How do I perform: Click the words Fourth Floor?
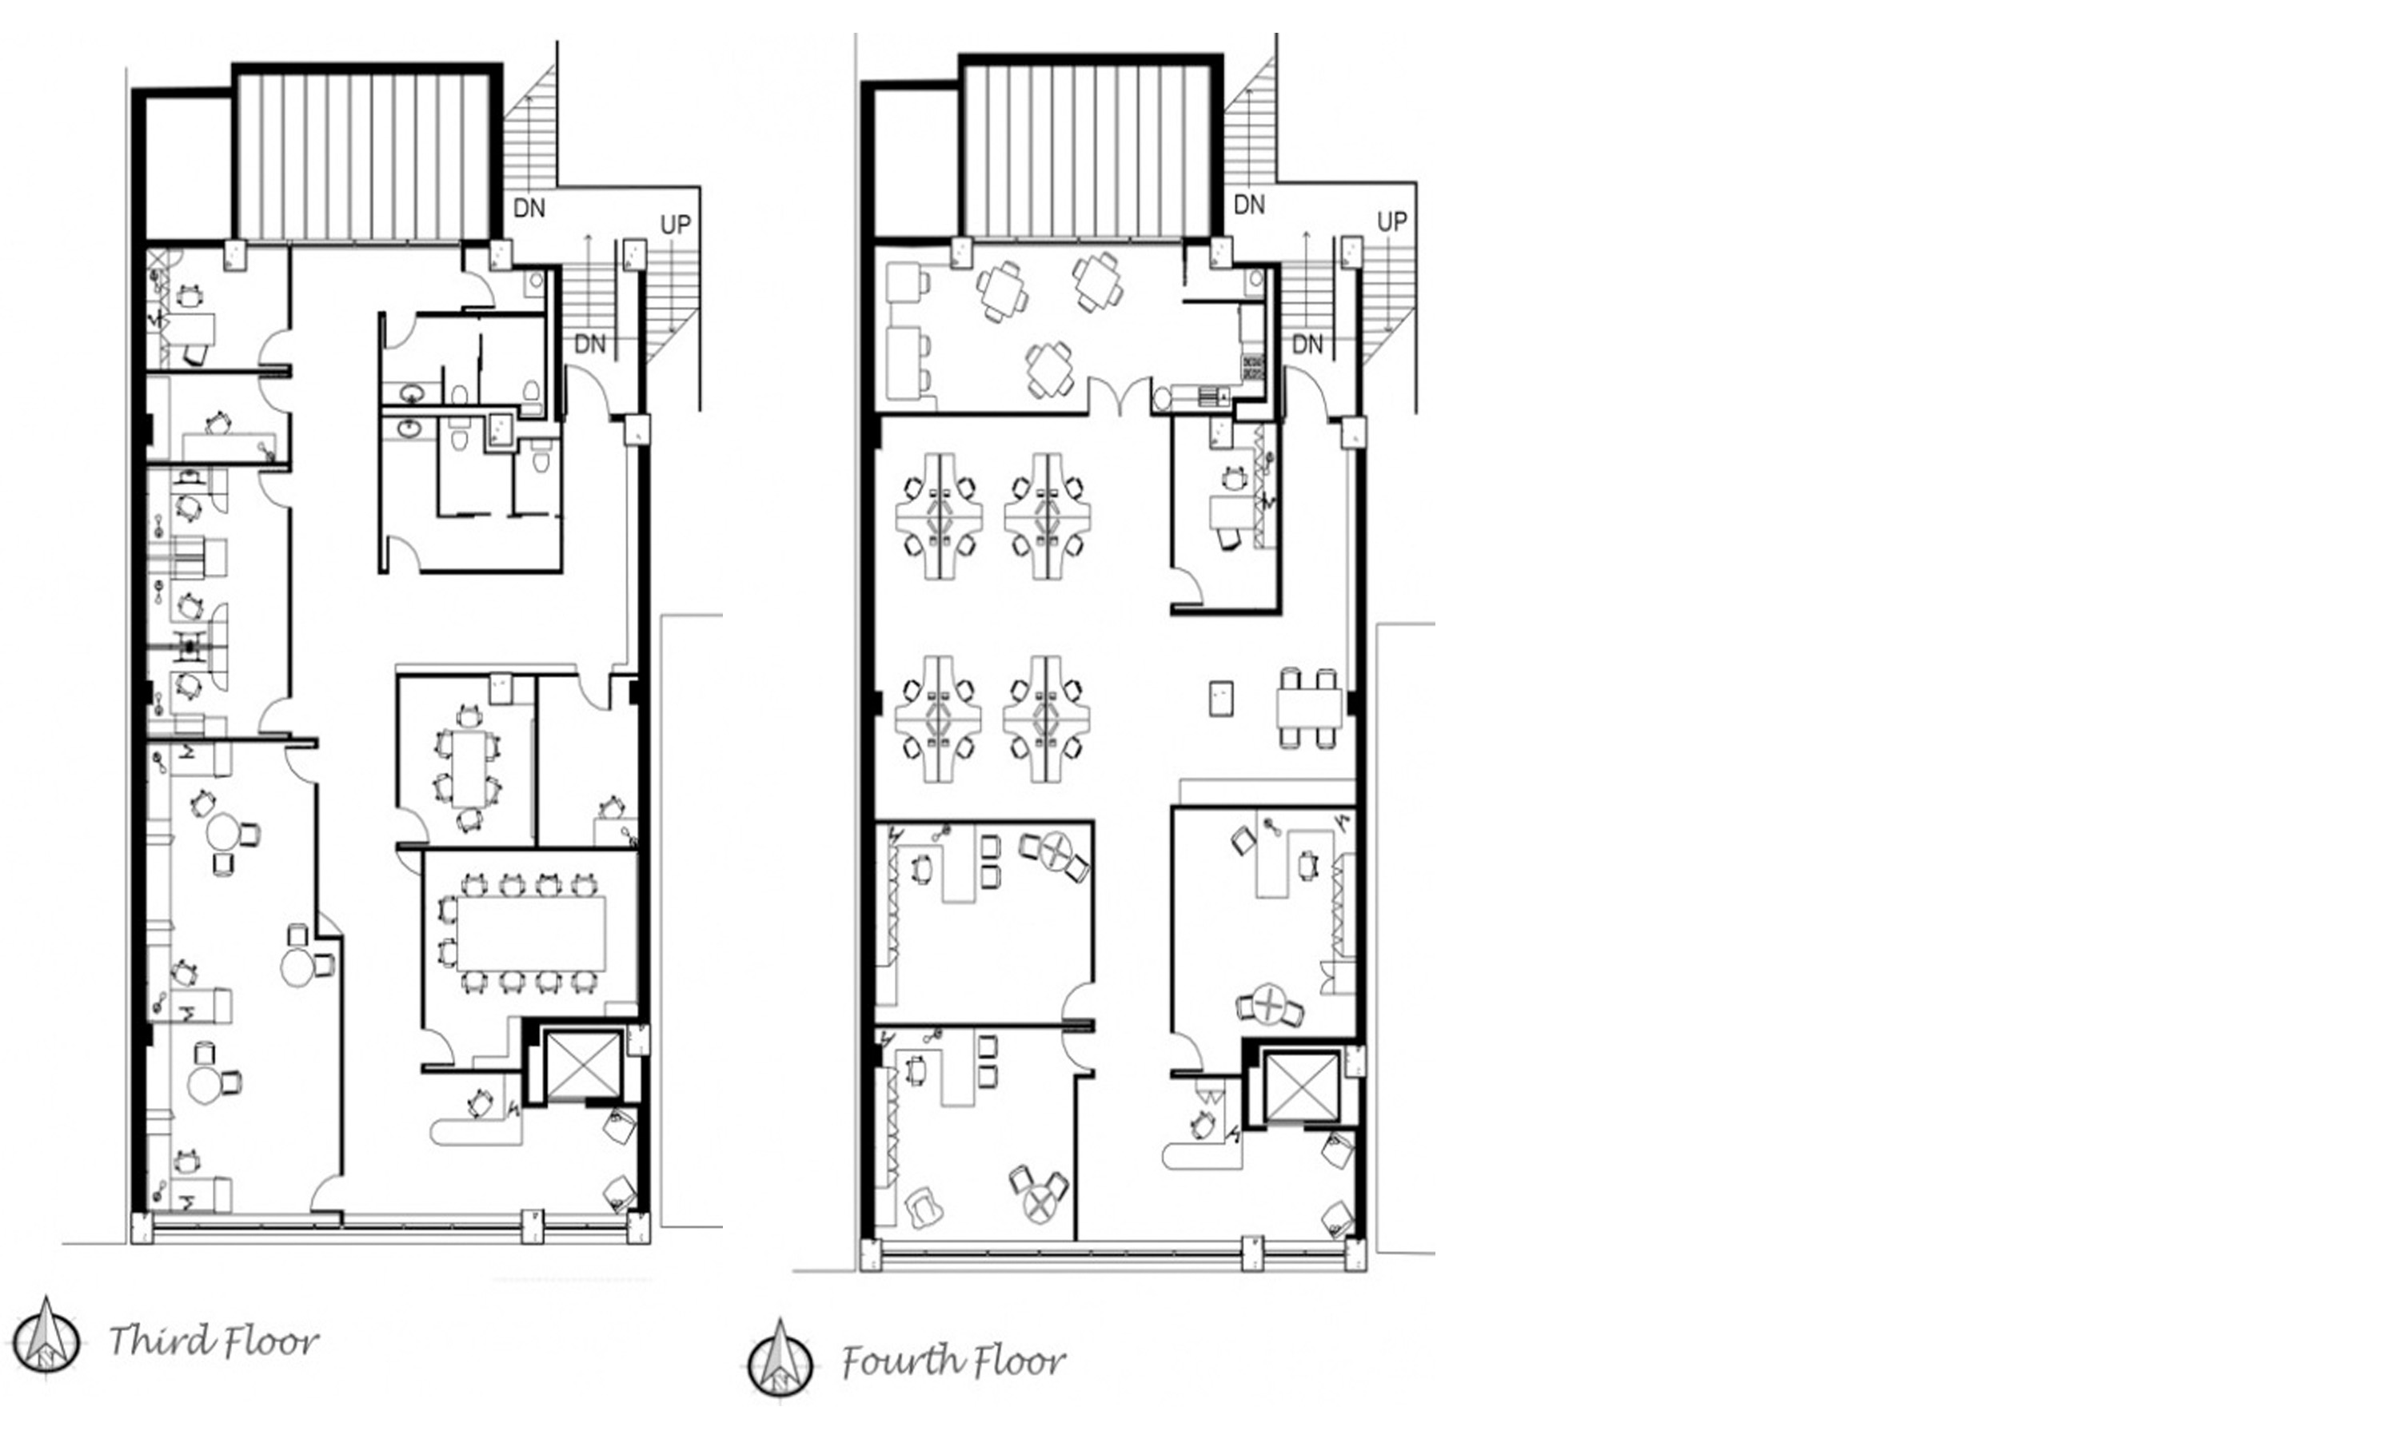tap(953, 1362)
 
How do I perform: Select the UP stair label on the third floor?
tap(676, 225)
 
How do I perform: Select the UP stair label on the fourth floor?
tap(1392, 222)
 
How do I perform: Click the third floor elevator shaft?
tap(583, 1066)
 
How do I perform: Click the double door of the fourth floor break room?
tap(1121, 396)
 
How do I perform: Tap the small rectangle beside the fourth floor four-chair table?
tap(1222, 698)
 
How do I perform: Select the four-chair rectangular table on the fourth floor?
tap(1309, 708)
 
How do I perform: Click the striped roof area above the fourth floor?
tap(1089, 150)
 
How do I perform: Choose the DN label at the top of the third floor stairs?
tap(529, 209)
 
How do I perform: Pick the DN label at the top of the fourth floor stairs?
tap(1249, 205)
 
